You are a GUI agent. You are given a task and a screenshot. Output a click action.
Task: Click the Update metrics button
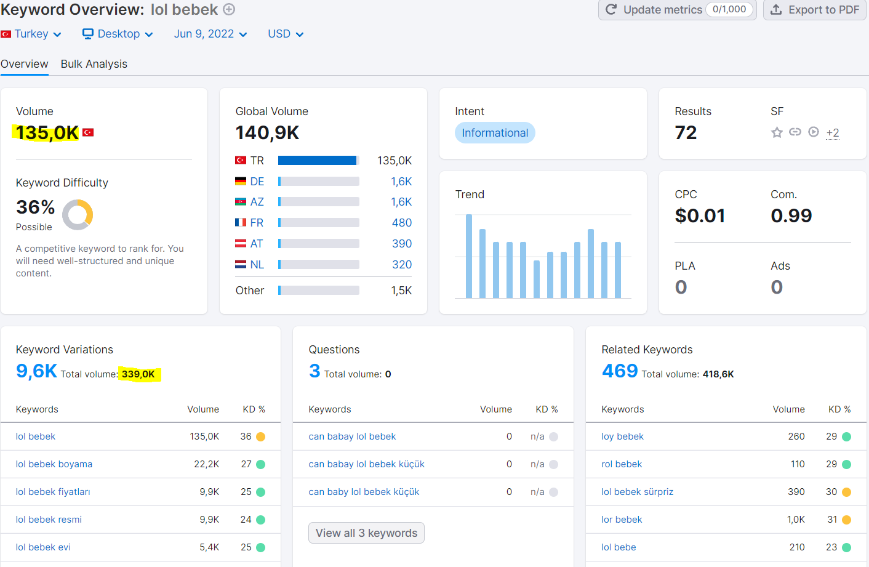[677, 10]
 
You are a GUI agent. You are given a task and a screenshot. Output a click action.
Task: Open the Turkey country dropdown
[31, 34]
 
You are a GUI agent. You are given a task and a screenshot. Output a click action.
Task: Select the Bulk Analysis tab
[94, 64]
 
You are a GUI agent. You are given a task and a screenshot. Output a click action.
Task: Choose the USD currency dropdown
[286, 34]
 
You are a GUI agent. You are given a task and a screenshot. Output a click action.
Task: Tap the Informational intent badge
[495, 133]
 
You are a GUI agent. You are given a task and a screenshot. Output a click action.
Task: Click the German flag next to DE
[241, 181]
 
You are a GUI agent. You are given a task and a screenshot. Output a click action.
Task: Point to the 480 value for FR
[401, 223]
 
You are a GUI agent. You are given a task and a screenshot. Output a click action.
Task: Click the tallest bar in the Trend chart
[469, 256]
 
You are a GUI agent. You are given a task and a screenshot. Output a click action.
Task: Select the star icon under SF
[777, 133]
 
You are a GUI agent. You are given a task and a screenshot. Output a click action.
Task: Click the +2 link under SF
[833, 133]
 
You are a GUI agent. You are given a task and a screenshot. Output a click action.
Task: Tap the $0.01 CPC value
[700, 215]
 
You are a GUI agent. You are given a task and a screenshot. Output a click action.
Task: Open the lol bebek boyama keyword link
[54, 464]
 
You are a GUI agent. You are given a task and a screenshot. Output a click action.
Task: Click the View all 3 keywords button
[366, 533]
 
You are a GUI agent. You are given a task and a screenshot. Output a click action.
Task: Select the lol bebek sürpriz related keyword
[638, 492]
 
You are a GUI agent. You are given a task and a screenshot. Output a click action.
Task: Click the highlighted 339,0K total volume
[138, 374]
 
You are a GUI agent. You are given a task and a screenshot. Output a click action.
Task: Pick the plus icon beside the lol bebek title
[230, 9]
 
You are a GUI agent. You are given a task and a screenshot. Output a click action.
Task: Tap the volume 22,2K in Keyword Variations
[206, 464]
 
